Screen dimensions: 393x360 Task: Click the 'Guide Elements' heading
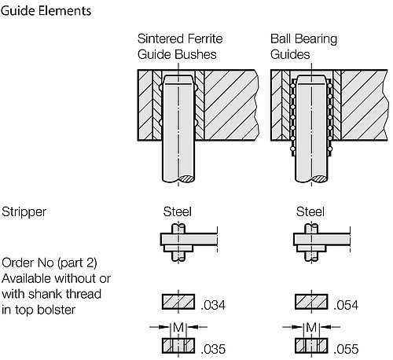coord(46,11)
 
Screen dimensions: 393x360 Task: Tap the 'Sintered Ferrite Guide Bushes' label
coord(180,46)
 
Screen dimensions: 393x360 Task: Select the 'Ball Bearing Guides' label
coord(303,46)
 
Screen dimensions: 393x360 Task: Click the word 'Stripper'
coord(24,212)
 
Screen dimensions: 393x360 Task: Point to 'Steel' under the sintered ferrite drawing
coord(178,211)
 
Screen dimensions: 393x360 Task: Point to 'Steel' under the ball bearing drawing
coord(310,211)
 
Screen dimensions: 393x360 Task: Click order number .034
coord(213,305)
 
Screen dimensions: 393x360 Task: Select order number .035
coord(213,349)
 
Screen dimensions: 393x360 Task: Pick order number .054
coord(346,305)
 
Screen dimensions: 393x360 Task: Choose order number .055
coord(346,349)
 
